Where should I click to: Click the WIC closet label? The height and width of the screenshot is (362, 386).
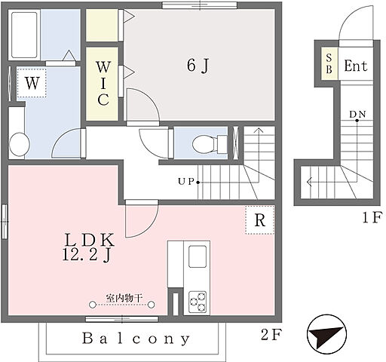(x=103, y=83)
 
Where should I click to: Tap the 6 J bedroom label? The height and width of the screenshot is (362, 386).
(x=198, y=66)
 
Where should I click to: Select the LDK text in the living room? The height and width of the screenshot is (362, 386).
(x=90, y=240)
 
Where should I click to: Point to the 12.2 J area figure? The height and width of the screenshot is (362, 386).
(x=87, y=256)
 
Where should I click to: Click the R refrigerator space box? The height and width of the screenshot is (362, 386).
(x=260, y=220)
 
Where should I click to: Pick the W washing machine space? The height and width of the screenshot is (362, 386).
(x=32, y=83)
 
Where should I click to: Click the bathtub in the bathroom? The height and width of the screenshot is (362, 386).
(x=24, y=35)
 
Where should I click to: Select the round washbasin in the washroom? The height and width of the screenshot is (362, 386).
(x=19, y=144)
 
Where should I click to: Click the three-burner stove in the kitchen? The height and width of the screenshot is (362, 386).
(x=198, y=302)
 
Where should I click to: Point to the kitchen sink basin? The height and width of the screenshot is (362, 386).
(x=198, y=256)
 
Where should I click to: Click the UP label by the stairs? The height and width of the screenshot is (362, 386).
(x=186, y=181)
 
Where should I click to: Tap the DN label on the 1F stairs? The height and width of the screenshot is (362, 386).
(x=357, y=115)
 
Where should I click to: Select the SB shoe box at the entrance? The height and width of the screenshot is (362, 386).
(x=329, y=64)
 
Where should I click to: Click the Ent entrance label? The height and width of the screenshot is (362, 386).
(x=356, y=66)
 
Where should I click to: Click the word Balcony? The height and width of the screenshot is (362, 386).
(x=136, y=339)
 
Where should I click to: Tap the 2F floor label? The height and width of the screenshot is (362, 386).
(x=270, y=335)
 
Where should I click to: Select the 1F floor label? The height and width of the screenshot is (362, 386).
(x=372, y=217)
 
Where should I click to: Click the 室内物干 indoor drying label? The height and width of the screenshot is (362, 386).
(x=124, y=299)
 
